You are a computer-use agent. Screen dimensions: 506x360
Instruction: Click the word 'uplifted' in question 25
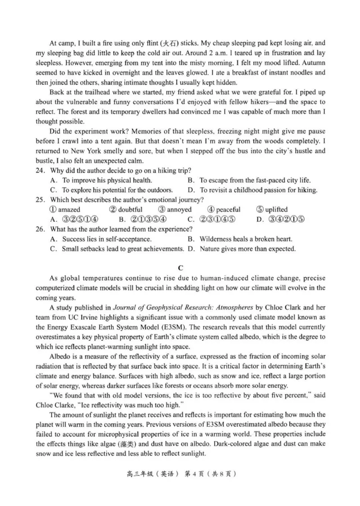point(277,210)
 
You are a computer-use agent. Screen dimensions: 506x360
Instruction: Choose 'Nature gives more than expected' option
point(247,249)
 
